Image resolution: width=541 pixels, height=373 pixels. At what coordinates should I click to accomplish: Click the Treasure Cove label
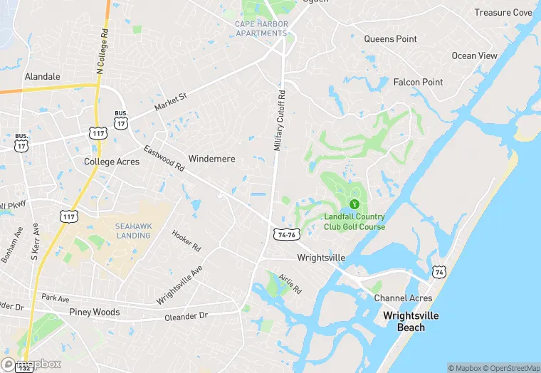pyautogui.click(x=503, y=13)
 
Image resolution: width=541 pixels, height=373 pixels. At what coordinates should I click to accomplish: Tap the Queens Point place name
pyautogui.click(x=389, y=39)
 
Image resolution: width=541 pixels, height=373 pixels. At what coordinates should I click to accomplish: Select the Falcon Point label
pyautogui.click(x=419, y=83)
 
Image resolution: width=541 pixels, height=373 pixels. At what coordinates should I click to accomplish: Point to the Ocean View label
pyautogui.click(x=474, y=56)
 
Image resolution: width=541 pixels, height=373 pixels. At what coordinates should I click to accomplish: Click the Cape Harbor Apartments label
pyautogui.click(x=262, y=28)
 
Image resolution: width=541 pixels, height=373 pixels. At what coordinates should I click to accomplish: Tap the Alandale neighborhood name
pyautogui.click(x=43, y=76)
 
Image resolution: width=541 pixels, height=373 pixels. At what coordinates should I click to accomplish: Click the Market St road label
pyautogui.click(x=170, y=101)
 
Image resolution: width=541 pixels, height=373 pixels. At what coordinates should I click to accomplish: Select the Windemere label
pyautogui.click(x=211, y=159)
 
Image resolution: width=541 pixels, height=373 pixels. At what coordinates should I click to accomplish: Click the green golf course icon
pyautogui.click(x=354, y=204)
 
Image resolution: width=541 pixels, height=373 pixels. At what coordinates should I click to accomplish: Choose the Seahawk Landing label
pyautogui.click(x=132, y=231)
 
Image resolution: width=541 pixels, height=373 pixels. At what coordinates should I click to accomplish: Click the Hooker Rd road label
pyautogui.click(x=187, y=239)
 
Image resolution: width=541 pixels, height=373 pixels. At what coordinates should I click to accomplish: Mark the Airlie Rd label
pyautogui.click(x=290, y=283)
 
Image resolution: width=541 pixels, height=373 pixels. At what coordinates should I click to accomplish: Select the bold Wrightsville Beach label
pyautogui.click(x=411, y=322)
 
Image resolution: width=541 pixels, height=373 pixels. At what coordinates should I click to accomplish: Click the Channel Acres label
pyautogui.click(x=403, y=298)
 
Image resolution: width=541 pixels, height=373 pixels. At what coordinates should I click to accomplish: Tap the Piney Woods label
pyautogui.click(x=95, y=312)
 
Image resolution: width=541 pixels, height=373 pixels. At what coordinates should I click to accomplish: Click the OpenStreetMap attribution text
pyautogui.click(x=509, y=368)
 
